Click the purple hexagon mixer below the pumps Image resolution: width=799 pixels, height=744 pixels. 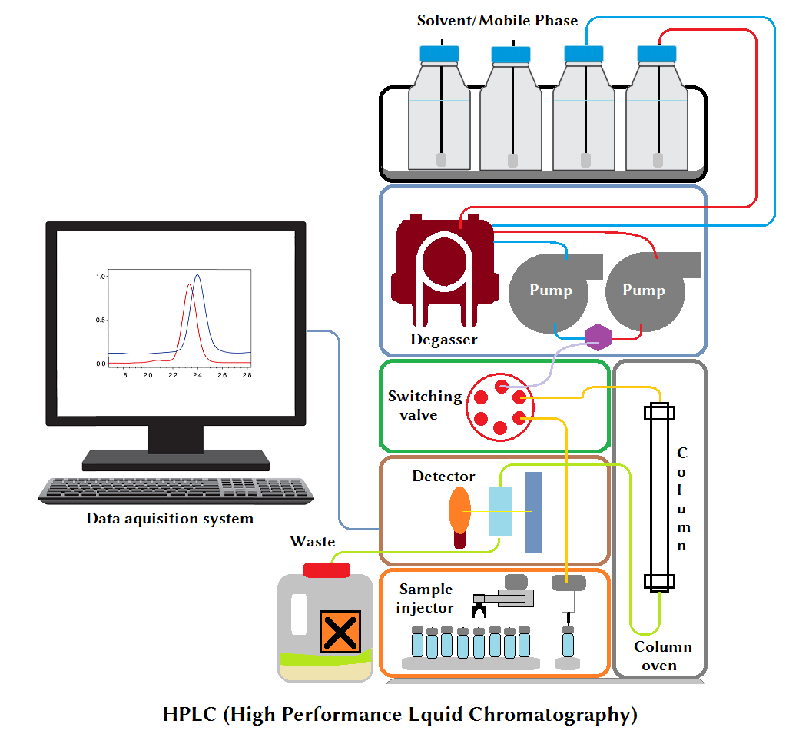coord(597,337)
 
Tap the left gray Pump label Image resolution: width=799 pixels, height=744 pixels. coord(550,290)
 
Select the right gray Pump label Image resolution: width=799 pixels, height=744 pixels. coord(643,290)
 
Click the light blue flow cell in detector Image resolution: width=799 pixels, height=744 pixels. coord(500,511)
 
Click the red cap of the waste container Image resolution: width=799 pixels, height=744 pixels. coord(327,570)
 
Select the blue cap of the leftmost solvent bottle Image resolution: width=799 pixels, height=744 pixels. coord(439,54)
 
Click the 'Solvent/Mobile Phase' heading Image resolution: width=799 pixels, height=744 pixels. coord(497,20)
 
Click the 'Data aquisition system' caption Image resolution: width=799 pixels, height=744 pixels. coord(170,519)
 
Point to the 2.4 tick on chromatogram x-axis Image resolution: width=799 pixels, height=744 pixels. coord(197,376)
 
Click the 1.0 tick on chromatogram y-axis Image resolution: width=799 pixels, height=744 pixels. coord(100,276)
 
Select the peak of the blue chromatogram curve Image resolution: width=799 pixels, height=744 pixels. coord(197,275)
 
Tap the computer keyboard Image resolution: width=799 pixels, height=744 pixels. coord(176,490)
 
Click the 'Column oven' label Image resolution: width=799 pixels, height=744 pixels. coord(662,656)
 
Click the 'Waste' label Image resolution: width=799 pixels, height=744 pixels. coord(312,542)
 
